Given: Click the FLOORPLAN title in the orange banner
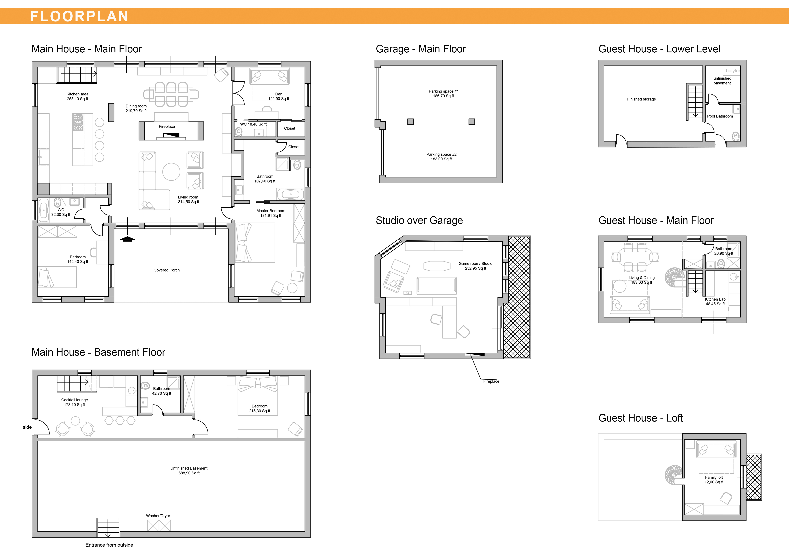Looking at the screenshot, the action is pos(79,16).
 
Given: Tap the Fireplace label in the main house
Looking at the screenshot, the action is pos(167,127).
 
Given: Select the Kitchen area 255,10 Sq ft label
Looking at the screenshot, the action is pos(77,96).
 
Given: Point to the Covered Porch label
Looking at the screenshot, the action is pos(167,270).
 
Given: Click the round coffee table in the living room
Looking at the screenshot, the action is pos(171,172).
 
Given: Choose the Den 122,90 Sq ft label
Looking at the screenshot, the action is pos(279,96).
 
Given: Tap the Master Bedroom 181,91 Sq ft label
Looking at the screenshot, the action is pos(271,213).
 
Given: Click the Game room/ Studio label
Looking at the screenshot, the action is pos(476,264).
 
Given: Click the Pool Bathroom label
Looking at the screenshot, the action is pos(720,116).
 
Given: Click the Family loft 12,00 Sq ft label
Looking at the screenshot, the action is pos(714,480).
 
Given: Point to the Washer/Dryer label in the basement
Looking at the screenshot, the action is pos(158,516).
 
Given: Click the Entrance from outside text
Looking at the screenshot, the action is pos(109,545).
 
